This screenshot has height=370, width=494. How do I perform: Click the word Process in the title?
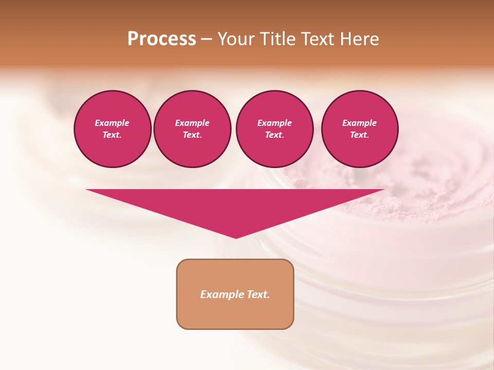pos(162,39)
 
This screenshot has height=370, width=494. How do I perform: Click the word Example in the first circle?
pos(112,123)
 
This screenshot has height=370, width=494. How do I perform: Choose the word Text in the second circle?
pos(191,135)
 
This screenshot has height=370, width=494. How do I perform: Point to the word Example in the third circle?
pos(274,123)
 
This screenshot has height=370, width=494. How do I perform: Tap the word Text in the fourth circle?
pos(359,135)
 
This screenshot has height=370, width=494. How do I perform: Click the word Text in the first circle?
pos(112,135)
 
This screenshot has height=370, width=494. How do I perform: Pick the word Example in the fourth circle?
pos(359,123)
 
